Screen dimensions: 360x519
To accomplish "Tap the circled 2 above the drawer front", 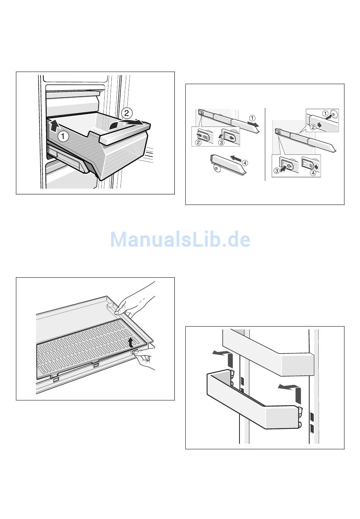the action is pos(127,113).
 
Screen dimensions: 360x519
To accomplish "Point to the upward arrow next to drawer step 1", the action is pos(55,123).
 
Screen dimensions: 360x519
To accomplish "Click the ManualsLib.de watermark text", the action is pos(180,239).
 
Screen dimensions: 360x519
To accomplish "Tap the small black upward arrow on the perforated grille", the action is pos(131,342).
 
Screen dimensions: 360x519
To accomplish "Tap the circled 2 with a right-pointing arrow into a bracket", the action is pos(198,142).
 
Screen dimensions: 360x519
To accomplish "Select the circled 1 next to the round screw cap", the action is pos(325,113).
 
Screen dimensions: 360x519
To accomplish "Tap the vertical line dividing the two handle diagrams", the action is pos(265,144).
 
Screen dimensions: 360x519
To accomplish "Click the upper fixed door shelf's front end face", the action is pos(297,364).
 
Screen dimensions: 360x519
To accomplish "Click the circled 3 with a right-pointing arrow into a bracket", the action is pos(277,171).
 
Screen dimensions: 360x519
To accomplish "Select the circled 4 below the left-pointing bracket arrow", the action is pos(313,174).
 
